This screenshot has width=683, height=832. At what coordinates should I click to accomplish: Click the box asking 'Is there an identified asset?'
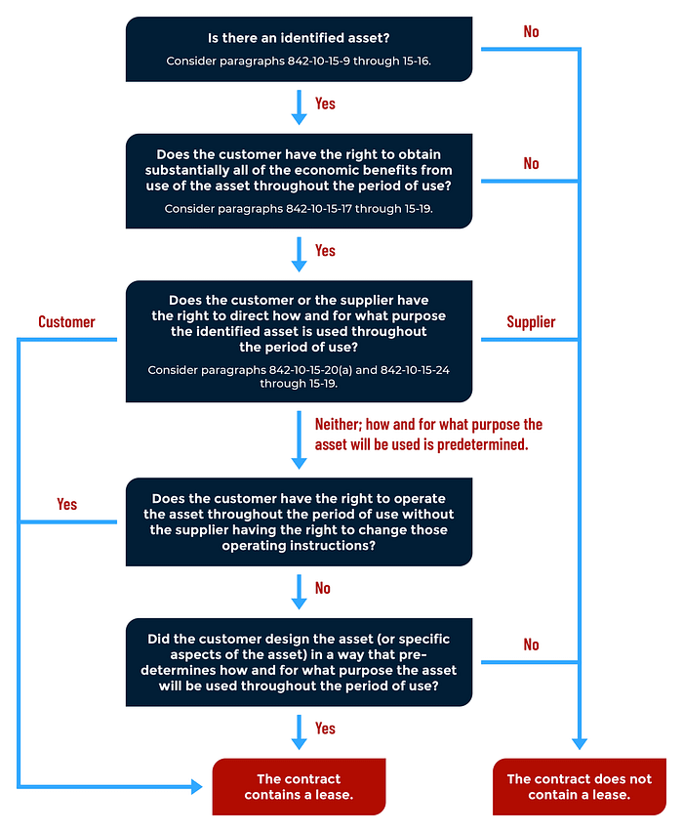pyautogui.click(x=299, y=49)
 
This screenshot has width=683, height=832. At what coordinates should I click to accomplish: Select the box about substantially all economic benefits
pyautogui.click(x=299, y=181)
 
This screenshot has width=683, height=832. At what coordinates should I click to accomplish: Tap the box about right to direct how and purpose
pyautogui.click(x=299, y=341)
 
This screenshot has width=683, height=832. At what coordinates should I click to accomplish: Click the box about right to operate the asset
pyautogui.click(x=299, y=521)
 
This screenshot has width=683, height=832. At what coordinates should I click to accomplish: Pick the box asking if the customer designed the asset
pyautogui.click(x=299, y=662)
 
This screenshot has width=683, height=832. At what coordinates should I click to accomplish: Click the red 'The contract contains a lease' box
pyautogui.click(x=299, y=786)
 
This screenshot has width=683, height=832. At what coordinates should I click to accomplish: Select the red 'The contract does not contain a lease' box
pyautogui.click(x=579, y=786)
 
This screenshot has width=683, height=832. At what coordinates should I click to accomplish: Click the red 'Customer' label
pyautogui.click(x=66, y=321)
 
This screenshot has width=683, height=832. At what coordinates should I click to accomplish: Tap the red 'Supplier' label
pyautogui.click(x=531, y=321)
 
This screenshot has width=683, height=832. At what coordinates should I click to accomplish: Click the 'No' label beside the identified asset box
pyautogui.click(x=531, y=31)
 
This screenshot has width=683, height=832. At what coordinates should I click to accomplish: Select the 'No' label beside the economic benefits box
pyautogui.click(x=531, y=163)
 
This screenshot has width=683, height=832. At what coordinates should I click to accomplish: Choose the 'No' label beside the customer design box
pyautogui.click(x=531, y=645)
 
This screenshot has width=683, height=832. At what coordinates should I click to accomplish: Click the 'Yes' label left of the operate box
pyautogui.click(x=66, y=504)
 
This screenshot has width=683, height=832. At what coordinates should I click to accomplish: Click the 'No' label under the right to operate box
pyautogui.click(x=323, y=588)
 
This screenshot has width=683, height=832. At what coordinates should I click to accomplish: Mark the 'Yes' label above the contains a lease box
pyautogui.click(x=325, y=728)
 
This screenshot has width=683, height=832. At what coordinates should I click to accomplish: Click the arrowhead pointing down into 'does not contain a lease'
pyautogui.click(x=580, y=743)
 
